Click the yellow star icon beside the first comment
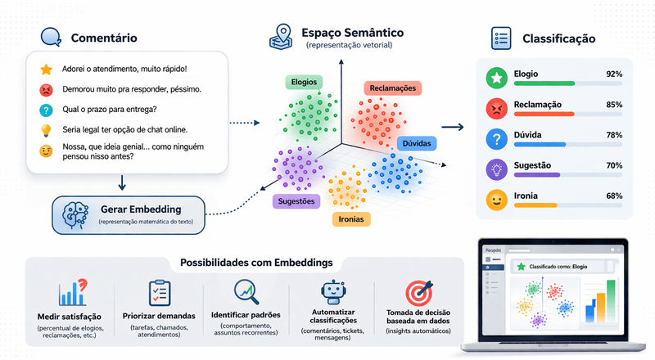[x=46, y=69]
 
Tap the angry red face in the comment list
[x=46, y=89]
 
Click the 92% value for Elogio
[x=614, y=74]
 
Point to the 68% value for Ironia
[x=614, y=196]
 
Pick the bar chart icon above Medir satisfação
[x=73, y=293]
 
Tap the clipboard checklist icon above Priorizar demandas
[x=159, y=293]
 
